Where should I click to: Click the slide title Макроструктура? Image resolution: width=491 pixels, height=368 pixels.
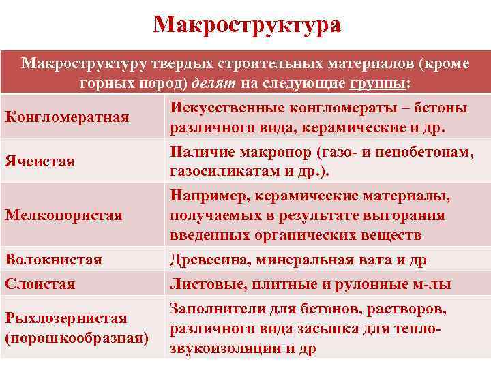click(x=247, y=25)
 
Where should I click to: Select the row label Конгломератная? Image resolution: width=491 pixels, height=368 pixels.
click(x=67, y=117)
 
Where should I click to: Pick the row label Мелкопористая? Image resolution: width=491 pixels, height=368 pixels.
click(x=63, y=215)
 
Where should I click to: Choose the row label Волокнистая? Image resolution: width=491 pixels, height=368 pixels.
click(x=53, y=260)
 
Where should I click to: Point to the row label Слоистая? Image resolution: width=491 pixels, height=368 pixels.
click(x=40, y=283)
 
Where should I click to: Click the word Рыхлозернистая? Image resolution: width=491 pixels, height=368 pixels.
click(x=66, y=318)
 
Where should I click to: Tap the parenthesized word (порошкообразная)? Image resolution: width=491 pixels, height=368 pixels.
click(x=76, y=337)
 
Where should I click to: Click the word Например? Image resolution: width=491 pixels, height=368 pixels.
click(x=209, y=196)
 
